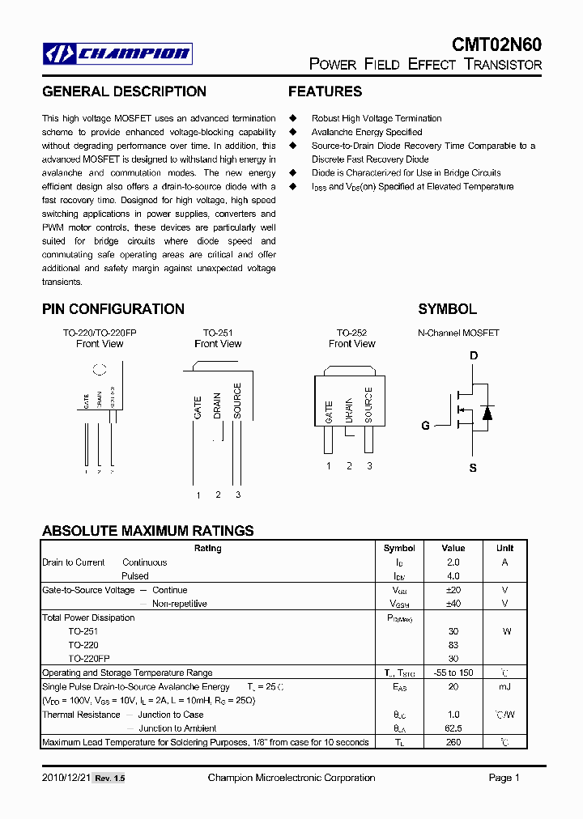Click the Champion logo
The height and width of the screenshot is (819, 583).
pyautogui.click(x=117, y=54)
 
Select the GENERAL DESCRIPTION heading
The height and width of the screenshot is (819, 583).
pyautogui.click(x=124, y=91)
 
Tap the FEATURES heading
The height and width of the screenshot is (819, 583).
pyautogui.click(x=325, y=91)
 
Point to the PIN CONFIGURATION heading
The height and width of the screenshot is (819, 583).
pyautogui.click(x=113, y=309)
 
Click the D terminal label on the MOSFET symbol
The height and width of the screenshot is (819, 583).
pyautogui.click(x=474, y=356)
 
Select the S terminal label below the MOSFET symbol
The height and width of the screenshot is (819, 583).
pyautogui.click(x=474, y=468)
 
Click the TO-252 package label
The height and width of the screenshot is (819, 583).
pyautogui.click(x=351, y=333)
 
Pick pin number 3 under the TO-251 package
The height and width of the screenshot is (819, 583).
pyautogui.click(x=238, y=494)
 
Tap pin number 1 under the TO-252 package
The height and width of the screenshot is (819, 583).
pyautogui.click(x=329, y=465)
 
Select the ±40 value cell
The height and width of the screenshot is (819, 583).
pyautogui.click(x=453, y=604)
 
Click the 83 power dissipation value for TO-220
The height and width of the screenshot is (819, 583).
pyautogui.click(x=453, y=645)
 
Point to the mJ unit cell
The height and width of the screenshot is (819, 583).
pyautogui.click(x=504, y=686)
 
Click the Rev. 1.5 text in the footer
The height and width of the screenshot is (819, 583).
pyautogui.click(x=110, y=779)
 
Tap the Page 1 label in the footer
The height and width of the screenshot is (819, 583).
pyautogui.click(x=504, y=778)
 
